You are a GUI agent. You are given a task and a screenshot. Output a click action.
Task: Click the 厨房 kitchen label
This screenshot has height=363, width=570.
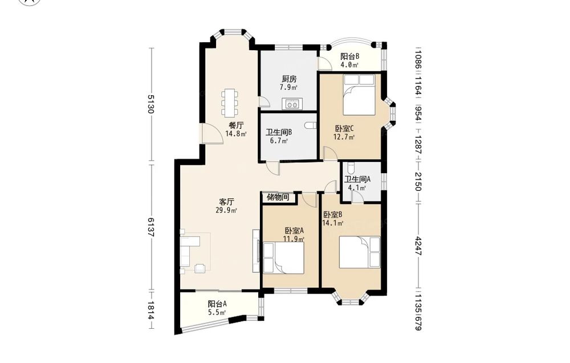[290, 79]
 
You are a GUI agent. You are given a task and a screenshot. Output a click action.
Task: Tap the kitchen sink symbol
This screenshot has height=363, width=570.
[292, 104]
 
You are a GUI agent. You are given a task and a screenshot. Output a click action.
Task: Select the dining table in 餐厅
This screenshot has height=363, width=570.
[230, 103]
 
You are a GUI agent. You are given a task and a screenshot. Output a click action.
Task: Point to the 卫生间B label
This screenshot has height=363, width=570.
[279, 132]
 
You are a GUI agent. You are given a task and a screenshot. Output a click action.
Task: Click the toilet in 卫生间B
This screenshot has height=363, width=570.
[311, 125]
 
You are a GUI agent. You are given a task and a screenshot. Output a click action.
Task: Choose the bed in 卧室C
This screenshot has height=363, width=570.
[359, 95]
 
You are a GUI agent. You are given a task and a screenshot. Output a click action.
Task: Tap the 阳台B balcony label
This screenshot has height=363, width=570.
[350, 56]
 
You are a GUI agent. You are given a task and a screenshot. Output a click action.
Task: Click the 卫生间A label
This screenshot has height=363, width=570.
[357, 180]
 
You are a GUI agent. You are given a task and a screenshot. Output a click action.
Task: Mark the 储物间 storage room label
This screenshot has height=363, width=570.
[278, 197]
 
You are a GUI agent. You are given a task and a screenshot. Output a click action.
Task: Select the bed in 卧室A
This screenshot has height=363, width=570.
[283, 258]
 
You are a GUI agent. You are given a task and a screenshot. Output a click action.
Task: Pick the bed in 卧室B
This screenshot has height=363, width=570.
[360, 252]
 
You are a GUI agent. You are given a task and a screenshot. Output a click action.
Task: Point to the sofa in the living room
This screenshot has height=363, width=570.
[190, 251]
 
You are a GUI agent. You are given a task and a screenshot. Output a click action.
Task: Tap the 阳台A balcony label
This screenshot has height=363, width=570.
[217, 304]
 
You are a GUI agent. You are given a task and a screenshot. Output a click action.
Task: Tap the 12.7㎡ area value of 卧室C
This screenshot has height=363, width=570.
[344, 137]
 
